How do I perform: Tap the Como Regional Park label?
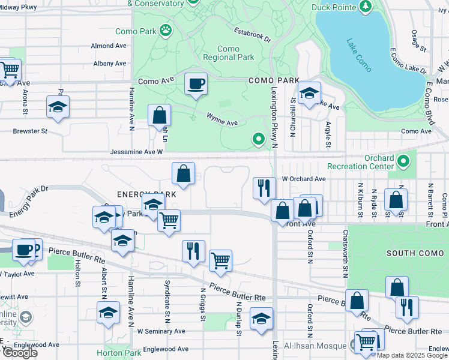[228, 53]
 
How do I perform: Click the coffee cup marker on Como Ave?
[196, 84]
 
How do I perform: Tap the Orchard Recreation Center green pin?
[403, 161]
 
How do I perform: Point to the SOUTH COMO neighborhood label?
[415, 253]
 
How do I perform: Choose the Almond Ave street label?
[109, 46]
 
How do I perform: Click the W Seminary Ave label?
[161, 331]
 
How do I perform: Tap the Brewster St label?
[30, 131]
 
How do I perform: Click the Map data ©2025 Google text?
[412, 355]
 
